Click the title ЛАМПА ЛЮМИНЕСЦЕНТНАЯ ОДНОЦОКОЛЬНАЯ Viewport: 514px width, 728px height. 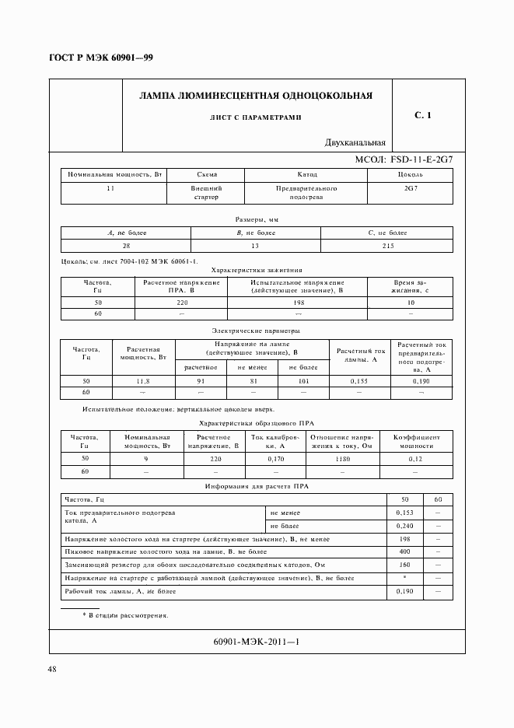[x=255, y=96]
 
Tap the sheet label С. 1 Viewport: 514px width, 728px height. [x=423, y=116]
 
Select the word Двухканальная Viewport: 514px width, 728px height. [x=356, y=142]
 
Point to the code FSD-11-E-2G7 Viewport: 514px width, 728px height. [x=415, y=159]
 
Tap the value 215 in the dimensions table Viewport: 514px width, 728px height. [x=387, y=246]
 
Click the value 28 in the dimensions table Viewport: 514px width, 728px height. [x=126, y=246]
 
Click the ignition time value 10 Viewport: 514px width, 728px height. [x=411, y=302]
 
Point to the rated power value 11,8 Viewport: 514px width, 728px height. [x=142, y=381]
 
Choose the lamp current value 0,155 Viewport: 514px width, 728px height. [x=358, y=381]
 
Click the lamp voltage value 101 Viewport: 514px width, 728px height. [x=303, y=381]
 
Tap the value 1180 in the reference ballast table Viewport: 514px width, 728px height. [x=343, y=460]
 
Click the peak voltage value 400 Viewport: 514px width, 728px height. [x=404, y=551]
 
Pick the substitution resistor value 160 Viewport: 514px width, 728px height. [x=404, y=565]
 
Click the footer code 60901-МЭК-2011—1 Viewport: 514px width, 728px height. [x=255, y=642]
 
